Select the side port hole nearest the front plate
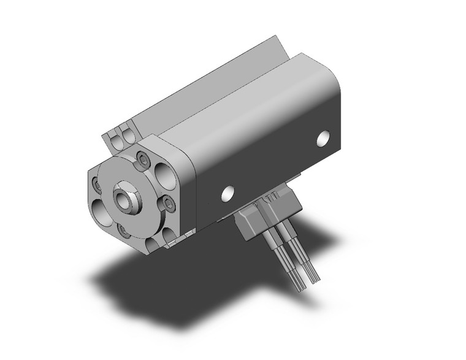[x=227, y=193]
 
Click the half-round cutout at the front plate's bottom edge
[x=153, y=245]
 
